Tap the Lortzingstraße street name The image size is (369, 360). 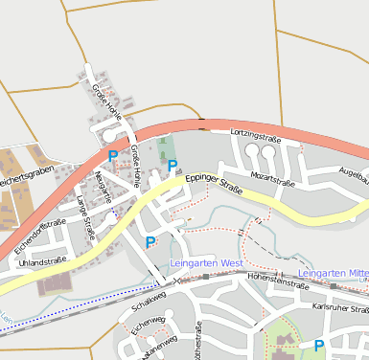(x=254, y=138)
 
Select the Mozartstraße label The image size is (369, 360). (x=271, y=178)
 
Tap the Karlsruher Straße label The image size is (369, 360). (x=340, y=308)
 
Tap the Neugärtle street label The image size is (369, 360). (x=105, y=186)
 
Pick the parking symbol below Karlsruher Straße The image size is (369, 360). (x=319, y=346)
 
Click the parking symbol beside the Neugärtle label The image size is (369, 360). (x=113, y=156)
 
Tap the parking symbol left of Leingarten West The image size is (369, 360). (x=150, y=242)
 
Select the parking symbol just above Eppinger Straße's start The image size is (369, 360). (x=173, y=166)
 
